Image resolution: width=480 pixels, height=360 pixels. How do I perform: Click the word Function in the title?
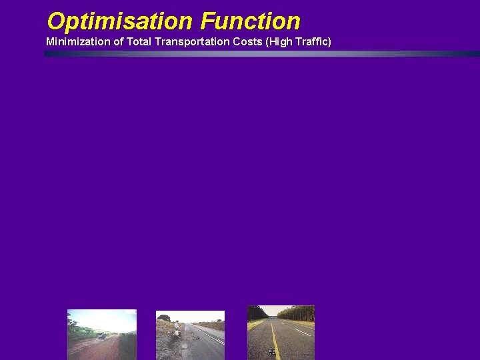point(250,21)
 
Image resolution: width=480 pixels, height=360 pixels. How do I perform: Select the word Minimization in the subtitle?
point(77,42)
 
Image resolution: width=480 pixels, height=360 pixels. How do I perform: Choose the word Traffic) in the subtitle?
point(313,42)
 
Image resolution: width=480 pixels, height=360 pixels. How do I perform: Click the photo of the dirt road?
point(101,334)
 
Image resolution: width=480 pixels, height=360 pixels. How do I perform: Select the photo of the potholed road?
point(190,335)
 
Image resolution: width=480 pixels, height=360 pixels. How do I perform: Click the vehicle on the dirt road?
point(101,336)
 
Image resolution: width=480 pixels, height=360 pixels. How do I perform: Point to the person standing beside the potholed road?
point(176,328)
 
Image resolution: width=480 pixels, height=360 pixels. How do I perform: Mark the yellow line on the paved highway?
point(275,340)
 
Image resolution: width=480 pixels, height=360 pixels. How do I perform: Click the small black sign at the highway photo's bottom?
point(272,351)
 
